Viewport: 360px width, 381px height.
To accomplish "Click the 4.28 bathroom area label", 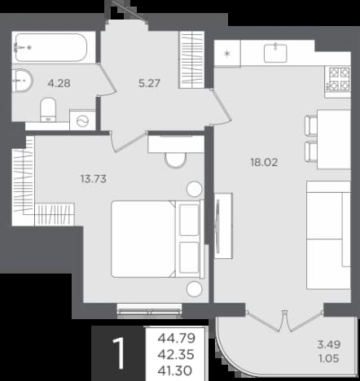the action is pyautogui.click(x=59, y=83).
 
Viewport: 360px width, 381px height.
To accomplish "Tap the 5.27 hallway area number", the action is pyautogui.click(x=149, y=83).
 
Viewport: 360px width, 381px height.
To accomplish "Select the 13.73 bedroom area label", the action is pyautogui.click(x=94, y=179).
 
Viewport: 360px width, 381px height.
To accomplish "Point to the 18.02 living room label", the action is pyautogui.click(x=264, y=162).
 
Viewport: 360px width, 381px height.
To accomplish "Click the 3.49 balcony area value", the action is pyautogui.click(x=329, y=344).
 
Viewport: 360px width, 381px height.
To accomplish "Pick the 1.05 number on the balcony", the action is pyautogui.click(x=329, y=358).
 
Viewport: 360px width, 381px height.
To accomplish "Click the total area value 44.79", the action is pyautogui.click(x=177, y=338).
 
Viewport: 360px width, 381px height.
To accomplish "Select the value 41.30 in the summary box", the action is pyautogui.click(x=175, y=370).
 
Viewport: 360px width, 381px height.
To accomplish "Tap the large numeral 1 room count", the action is pyautogui.click(x=119, y=353).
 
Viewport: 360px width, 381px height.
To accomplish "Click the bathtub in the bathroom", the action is pyautogui.click(x=51, y=47).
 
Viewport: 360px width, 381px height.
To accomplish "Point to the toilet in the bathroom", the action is pyautogui.click(x=48, y=110).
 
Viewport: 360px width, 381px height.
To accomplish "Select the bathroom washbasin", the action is pyautogui.click(x=22, y=81).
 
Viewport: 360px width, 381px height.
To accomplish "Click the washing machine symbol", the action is pyautogui.click(x=82, y=120).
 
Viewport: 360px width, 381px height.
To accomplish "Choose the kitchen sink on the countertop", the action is pyautogui.click(x=275, y=53).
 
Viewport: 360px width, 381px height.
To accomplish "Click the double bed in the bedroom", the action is pyautogui.click(x=157, y=239).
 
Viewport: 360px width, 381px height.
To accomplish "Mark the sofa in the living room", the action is pyautogui.click(x=328, y=235).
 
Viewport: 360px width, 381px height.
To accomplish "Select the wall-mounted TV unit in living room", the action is pyautogui.click(x=223, y=226).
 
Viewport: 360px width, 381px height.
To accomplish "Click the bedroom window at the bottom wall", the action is pyautogui.click(x=150, y=311).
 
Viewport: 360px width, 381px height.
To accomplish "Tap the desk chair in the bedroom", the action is pyautogui.click(x=176, y=160).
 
